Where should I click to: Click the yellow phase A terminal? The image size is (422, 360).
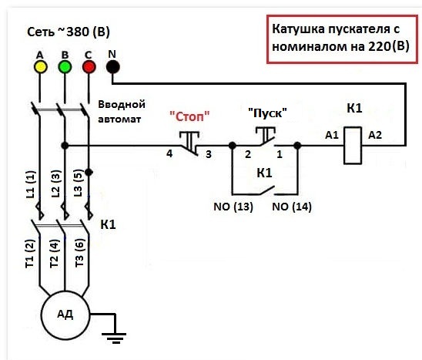click(40, 67)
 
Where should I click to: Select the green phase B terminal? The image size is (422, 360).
click(65, 67)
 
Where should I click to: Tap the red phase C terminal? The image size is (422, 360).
click(89, 67)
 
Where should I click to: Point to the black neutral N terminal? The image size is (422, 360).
click(112, 67)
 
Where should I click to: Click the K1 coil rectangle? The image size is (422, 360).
click(353, 145)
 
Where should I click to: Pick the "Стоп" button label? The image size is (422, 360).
click(189, 116)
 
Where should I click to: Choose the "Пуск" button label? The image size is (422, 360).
click(267, 113)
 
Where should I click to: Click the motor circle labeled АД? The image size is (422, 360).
click(65, 315)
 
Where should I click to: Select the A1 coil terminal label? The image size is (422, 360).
click(332, 135)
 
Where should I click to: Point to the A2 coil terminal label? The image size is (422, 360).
click(375, 135)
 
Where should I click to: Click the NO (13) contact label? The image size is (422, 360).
click(233, 207)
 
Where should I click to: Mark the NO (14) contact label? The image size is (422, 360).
click(292, 207)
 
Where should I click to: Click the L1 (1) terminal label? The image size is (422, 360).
click(31, 184)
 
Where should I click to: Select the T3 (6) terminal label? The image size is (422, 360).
click(79, 253)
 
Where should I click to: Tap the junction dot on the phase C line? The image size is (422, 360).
click(89, 172)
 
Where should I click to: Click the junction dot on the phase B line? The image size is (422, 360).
click(65, 146)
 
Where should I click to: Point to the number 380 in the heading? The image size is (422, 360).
click(78, 32)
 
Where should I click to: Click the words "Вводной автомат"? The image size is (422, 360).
click(122, 112)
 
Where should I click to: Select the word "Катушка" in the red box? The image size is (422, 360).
click(299, 29)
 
